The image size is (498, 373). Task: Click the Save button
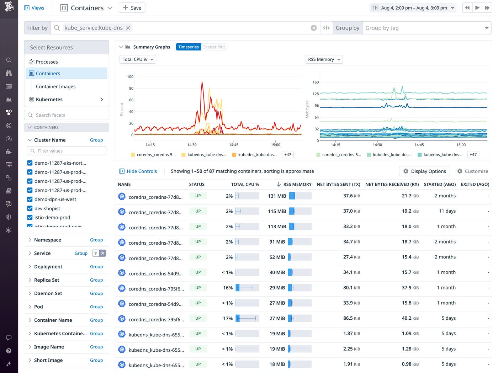point(132,8)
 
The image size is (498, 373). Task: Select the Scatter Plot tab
point(214,47)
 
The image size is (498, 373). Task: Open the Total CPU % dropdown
point(138,59)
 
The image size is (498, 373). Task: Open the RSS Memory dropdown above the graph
point(324,59)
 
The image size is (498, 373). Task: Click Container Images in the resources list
point(55,86)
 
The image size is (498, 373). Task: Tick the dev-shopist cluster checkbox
point(30,208)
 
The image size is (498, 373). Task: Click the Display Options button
point(424,171)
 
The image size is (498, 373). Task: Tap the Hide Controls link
point(141,171)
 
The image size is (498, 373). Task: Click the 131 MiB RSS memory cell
point(277,196)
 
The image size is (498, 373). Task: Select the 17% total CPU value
point(228,318)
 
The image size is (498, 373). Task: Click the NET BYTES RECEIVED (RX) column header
point(392,184)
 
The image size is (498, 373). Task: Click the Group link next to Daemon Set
point(96,293)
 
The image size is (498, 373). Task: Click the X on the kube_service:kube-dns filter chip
point(128,28)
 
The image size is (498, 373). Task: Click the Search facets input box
point(67,115)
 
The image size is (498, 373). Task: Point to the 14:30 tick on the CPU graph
point(192,144)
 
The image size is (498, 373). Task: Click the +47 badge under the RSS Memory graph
point(473,155)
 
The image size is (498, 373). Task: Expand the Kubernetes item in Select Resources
point(102,100)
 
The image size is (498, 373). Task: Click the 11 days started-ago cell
point(447,211)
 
